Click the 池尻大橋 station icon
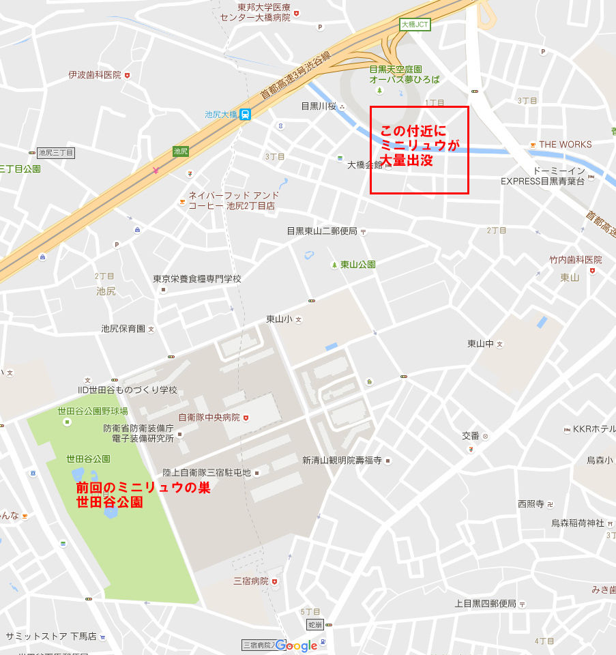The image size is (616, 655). pyautogui.click(x=244, y=115)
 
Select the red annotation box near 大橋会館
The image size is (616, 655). pyautogui.click(x=420, y=149)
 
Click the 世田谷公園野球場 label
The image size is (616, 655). pyautogui.click(x=93, y=411)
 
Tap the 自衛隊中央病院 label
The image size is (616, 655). pyautogui.click(x=209, y=417)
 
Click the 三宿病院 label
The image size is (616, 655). pyautogui.click(x=251, y=581)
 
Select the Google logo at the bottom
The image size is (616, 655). pyautogui.click(x=297, y=645)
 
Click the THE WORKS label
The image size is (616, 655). pyautogui.click(x=565, y=144)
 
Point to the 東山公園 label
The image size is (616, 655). pyautogui.click(x=358, y=264)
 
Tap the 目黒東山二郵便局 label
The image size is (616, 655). pyautogui.click(x=322, y=231)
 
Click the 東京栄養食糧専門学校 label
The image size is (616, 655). pyautogui.click(x=197, y=278)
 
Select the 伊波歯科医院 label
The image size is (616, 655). pyautogui.click(x=95, y=74)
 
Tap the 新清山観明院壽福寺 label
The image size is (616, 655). pyautogui.click(x=342, y=461)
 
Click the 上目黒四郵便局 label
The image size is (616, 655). pyautogui.click(x=486, y=604)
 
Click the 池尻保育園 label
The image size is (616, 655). pyautogui.click(x=123, y=329)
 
